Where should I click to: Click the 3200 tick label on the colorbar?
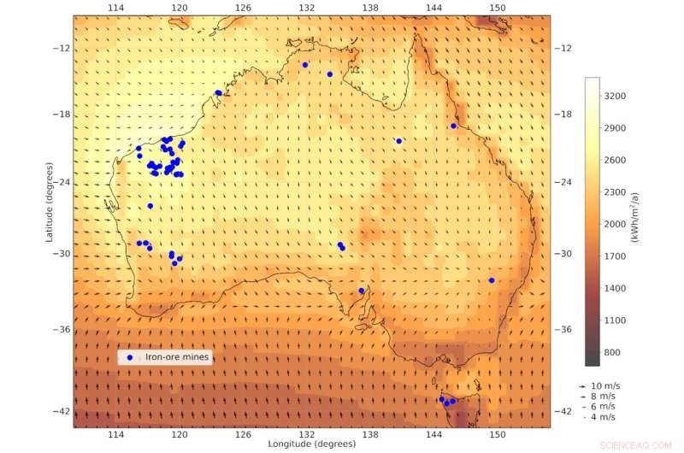tap(616, 97)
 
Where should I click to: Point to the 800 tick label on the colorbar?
tap(613, 352)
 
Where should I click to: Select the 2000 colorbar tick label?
tap(616, 225)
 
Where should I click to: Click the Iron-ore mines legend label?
tap(177, 357)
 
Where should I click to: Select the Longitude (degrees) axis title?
tap(305, 444)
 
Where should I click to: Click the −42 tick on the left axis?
tap(62, 411)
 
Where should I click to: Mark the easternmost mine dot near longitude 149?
tap(492, 280)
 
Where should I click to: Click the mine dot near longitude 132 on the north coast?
tap(304, 64)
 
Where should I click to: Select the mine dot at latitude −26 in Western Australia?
tap(150, 205)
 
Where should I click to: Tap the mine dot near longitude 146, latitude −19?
tap(453, 126)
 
